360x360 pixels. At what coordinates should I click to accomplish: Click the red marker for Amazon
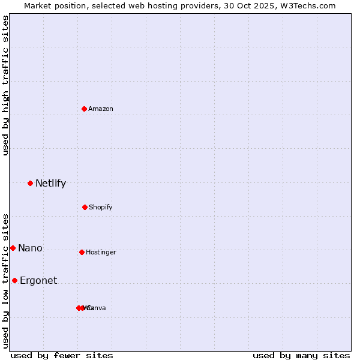85,109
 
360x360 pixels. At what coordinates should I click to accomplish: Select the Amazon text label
101,109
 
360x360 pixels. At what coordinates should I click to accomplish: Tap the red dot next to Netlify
30,183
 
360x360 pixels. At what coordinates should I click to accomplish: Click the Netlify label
50,184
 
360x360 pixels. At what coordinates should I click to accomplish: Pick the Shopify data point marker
85,207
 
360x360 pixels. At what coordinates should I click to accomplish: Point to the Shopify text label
101,208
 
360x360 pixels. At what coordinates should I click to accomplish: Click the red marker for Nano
13,248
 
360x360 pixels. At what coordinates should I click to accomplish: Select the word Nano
30,248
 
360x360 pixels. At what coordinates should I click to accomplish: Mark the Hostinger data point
82,252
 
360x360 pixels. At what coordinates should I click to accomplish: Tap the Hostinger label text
101,253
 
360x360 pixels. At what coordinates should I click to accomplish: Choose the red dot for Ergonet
14,280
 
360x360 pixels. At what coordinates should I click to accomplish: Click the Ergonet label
38,281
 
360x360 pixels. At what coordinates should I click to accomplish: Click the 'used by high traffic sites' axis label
5,85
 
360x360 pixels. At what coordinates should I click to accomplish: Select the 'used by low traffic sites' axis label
5,281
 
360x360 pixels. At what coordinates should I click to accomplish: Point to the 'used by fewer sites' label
62,356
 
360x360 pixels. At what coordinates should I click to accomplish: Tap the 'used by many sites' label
301,356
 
